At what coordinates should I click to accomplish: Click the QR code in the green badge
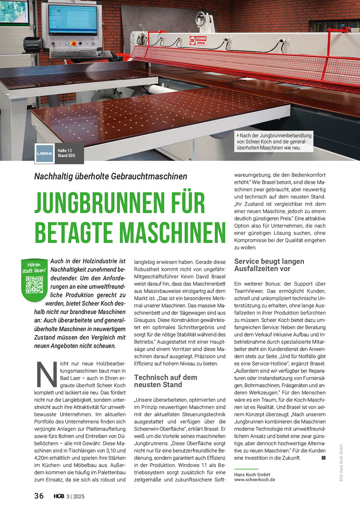(x=34, y=285)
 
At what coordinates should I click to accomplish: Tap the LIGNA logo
(x=44, y=153)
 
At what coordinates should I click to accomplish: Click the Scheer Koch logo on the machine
(x=198, y=40)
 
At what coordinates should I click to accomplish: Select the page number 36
(x=39, y=496)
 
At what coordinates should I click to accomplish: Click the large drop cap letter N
(x=46, y=374)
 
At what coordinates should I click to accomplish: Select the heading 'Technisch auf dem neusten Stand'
(x=165, y=381)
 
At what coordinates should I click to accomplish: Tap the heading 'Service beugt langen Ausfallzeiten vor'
(x=269, y=265)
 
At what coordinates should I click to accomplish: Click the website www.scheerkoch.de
(x=254, y=480)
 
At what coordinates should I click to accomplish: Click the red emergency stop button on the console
(x=73, y=44)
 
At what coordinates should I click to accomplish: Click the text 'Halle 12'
(x=64, y=151)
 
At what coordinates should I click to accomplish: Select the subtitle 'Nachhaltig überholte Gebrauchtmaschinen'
(x=110, y=176)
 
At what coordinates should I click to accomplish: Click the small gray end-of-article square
(x=323, y=458)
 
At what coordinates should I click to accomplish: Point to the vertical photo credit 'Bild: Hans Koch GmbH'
(x=341, y=463)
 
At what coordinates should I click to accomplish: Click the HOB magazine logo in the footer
(x=59, y=496)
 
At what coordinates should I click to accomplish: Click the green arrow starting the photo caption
(x=238, y=135)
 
